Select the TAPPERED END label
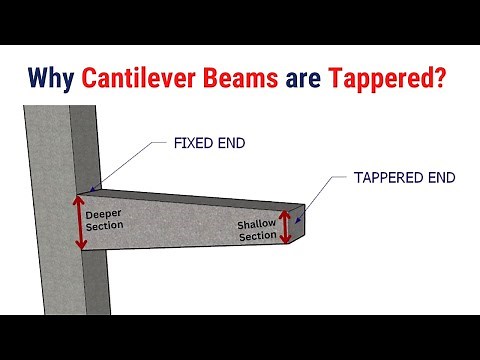[404, 178]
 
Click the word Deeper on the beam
[103, 213]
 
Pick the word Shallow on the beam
[254, 224]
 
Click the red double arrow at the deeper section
[78, 221]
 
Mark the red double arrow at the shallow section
[287, 227]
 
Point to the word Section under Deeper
[105, 226]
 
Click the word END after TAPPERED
[440, 178]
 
